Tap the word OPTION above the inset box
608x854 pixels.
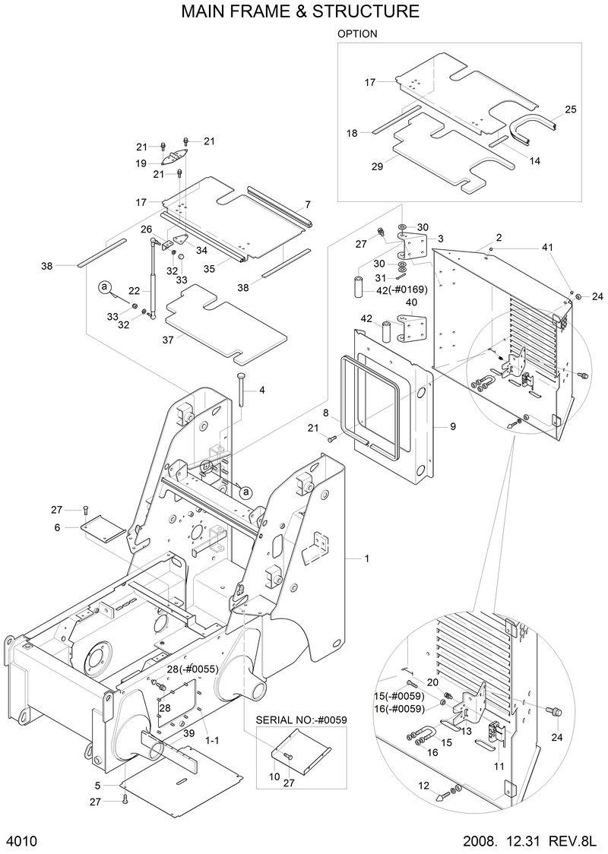357,34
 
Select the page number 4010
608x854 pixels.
22,841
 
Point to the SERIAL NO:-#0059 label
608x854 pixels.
301,720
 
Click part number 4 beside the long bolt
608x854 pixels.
261,391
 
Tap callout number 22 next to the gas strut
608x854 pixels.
134,291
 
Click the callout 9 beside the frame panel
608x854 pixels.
452,427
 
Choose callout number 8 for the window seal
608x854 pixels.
325,413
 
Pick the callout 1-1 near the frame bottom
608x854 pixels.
213,738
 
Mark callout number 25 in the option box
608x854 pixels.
570,109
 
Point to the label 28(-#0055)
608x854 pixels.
192,669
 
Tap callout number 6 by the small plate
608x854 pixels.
57,527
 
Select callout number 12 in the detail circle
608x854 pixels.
424,785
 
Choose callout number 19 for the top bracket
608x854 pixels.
141,163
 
